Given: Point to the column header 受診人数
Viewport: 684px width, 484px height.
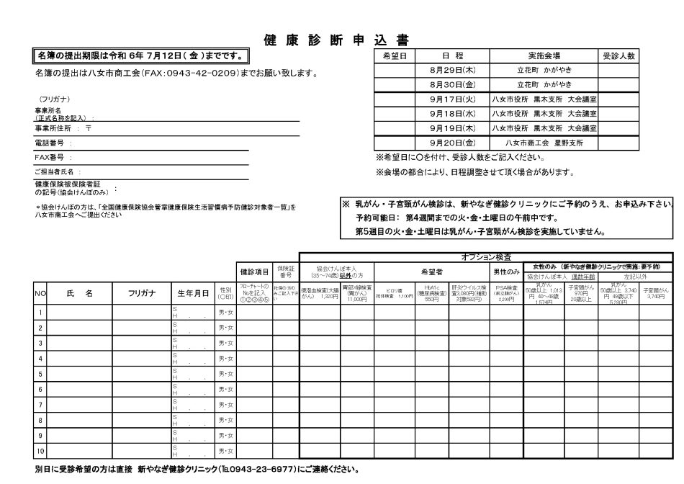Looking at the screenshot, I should [619, 55].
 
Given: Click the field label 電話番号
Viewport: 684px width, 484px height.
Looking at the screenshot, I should [50, 143].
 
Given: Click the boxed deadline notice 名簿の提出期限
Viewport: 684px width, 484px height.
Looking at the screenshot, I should [141, 55].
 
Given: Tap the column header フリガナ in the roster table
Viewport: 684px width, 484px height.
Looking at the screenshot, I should [141, 293].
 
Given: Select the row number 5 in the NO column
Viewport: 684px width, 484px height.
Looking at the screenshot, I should [40, 375].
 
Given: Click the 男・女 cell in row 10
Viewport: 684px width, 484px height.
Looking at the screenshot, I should [226, 452].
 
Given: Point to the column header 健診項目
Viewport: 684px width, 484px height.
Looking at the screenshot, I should [255, 272].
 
